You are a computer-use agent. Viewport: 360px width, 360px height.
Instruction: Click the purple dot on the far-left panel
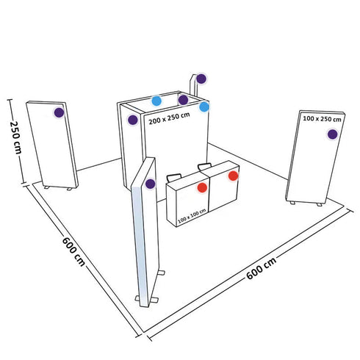click(x=60, y=112)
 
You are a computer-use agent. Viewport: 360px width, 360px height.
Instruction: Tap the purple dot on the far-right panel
click(x=333, y=134)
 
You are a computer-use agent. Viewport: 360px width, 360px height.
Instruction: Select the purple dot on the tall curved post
click(x=201, y=78)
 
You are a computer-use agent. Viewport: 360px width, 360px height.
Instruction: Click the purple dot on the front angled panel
click(x=150, y=184)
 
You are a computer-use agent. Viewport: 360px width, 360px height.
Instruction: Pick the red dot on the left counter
click(x=203, y=188)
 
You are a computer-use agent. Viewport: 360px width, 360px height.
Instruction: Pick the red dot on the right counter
click(x=234, y=176)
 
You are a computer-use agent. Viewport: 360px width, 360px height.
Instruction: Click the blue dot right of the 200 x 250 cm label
click(x=204, y=107)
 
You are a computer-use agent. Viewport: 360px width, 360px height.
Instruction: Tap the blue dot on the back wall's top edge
click(x=156, y=101)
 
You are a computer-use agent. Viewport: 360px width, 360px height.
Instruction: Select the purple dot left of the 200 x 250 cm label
click(x=132, y=120)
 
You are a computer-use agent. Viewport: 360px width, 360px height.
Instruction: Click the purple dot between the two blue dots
click(x=182, y=100)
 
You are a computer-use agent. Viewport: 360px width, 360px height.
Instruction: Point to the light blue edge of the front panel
click(x=135, y=235)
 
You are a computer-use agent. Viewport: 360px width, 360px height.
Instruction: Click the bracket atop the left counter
click(x=175, y=177)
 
